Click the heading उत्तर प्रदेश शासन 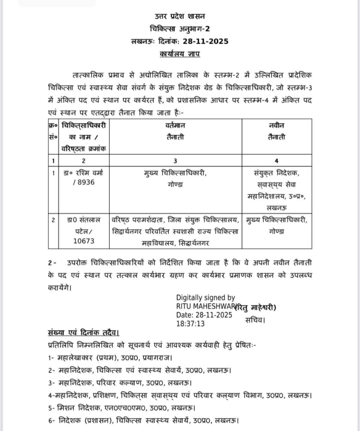click(180, 16)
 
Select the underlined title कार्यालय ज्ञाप click(180, 54)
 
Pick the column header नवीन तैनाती click(276, 131)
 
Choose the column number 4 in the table click(276, 161)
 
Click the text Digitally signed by click(205, 298)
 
